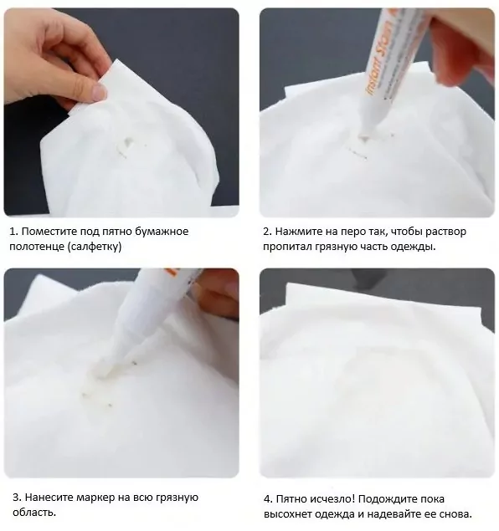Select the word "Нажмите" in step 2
296,232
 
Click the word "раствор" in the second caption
445,232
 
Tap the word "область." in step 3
34,513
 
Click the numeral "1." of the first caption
13,232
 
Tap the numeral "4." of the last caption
268,499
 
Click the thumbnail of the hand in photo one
99,92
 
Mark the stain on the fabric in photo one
125,146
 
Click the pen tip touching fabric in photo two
364,137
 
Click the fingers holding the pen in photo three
213,294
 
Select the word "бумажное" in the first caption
162,232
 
